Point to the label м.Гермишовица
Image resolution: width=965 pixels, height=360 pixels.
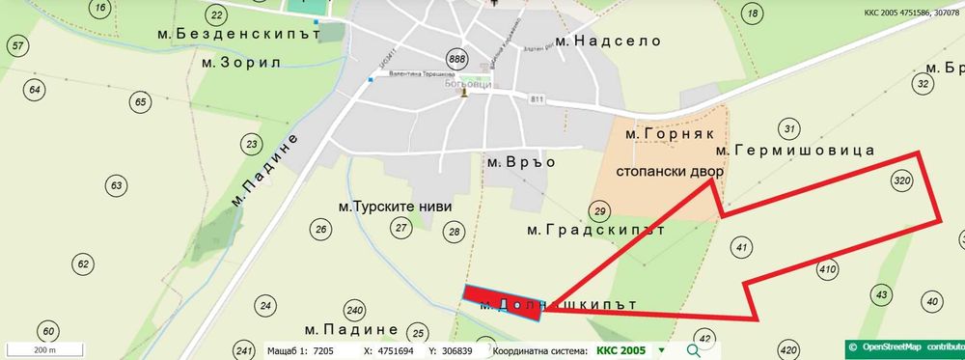794,151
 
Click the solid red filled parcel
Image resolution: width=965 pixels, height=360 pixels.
502,299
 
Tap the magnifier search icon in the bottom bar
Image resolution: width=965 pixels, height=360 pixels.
693,350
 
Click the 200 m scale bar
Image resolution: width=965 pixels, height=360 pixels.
43,348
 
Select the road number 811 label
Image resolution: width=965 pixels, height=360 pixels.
536,98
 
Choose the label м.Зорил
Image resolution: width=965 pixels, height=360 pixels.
240,62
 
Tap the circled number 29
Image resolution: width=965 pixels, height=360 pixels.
600,212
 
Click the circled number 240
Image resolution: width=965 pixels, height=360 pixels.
354,310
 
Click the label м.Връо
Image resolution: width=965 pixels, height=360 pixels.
521,161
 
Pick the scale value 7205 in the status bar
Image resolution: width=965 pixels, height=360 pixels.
317,350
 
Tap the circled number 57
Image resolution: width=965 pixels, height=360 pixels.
16,45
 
